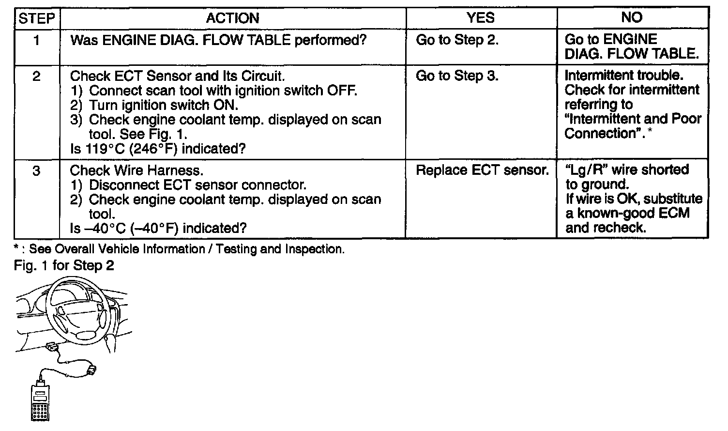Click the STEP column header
point(36,18)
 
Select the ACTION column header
point(232,18)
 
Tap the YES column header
point(481,18)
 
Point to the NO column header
point(632,18)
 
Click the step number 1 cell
point(36,40)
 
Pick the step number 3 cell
point(36,171)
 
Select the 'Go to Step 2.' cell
point(457,40)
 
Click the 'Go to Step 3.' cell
point(457,76)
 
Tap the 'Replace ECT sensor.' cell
point(482,170)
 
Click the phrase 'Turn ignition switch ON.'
point(163,105)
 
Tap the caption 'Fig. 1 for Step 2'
point(64,266)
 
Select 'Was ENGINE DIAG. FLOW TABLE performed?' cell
point(218,40)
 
